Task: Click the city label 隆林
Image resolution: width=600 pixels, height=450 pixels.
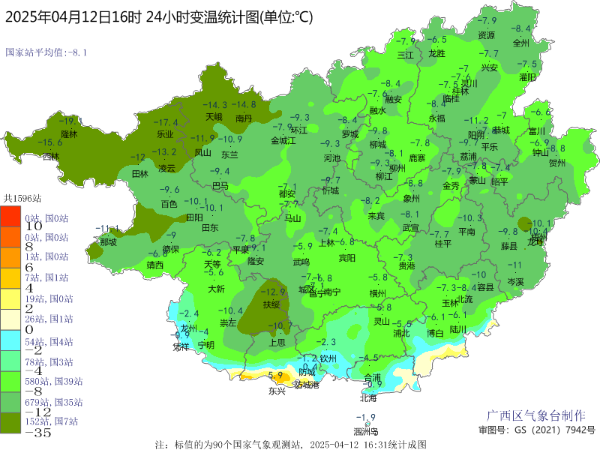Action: (x=69, y=134)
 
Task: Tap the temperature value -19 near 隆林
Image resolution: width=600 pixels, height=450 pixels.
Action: (x=67, y=121)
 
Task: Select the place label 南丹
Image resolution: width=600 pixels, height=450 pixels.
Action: (x=244, y=118)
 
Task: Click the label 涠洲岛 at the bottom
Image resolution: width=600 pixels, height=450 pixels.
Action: (x=365, y=431)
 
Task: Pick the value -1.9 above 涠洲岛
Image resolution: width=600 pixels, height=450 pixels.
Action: (x=365, y=418)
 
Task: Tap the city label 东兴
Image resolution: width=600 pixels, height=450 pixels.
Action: (x=277, y=391)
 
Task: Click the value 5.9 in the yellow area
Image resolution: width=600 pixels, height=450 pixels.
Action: (x=274, y=375)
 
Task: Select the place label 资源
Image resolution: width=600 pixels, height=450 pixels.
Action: (x=487, y=34)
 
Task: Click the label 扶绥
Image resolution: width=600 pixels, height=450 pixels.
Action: (x=271, y=304)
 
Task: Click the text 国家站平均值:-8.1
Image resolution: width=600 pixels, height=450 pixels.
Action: (x=46, y=52)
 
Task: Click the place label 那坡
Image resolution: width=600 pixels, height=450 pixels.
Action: (x=108, y=242)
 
